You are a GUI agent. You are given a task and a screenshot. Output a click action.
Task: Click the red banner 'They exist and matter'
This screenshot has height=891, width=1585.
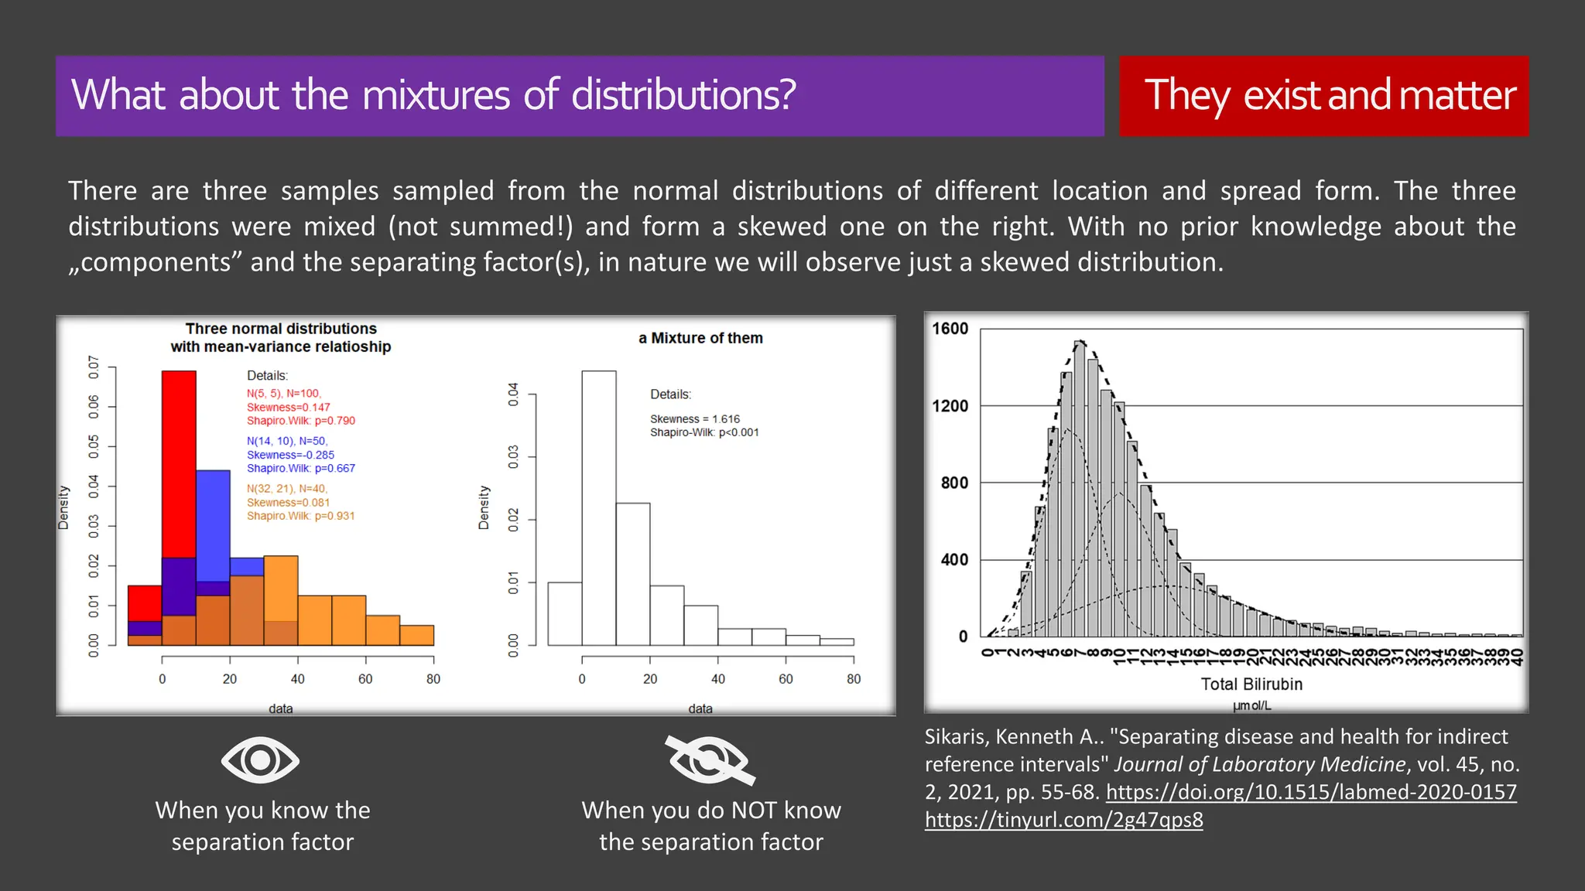coord(1323,96)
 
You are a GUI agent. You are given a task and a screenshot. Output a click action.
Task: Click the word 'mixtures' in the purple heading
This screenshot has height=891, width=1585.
coord(436,96)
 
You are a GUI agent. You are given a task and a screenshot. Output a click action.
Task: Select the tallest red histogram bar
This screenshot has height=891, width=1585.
coord(179,464)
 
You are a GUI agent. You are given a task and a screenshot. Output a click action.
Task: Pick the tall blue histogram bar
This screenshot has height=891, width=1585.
coord(213,526)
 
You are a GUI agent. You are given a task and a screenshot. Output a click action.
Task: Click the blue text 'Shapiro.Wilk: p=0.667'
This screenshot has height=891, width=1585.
coord(300,469)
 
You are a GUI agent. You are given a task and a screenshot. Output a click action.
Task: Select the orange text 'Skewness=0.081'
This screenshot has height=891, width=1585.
coord(288,503)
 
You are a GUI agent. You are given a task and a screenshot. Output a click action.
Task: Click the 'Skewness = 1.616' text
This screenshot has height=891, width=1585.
coord(694,419)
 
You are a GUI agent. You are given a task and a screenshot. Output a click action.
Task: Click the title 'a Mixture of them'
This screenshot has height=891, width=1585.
coord(700,338)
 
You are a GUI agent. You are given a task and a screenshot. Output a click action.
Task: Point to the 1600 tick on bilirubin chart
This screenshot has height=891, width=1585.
coord(950,329)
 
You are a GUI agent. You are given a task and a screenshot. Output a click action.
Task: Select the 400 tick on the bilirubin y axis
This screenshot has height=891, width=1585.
coord(953,559)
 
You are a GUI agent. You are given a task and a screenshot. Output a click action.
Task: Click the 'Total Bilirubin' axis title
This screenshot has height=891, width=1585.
coord(1251,684)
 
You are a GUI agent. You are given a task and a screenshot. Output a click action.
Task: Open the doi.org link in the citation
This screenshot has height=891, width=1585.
coord(1311,792)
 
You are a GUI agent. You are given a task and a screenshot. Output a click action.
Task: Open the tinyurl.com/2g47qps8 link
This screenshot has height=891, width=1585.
coord(1063,820)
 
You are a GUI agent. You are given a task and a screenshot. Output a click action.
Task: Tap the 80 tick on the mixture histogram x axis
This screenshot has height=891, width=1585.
coord(854,679)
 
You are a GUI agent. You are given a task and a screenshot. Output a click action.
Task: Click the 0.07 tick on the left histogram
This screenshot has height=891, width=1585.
coord(94,367)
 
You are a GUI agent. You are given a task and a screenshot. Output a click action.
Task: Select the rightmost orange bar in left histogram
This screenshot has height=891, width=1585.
coord(416,635)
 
